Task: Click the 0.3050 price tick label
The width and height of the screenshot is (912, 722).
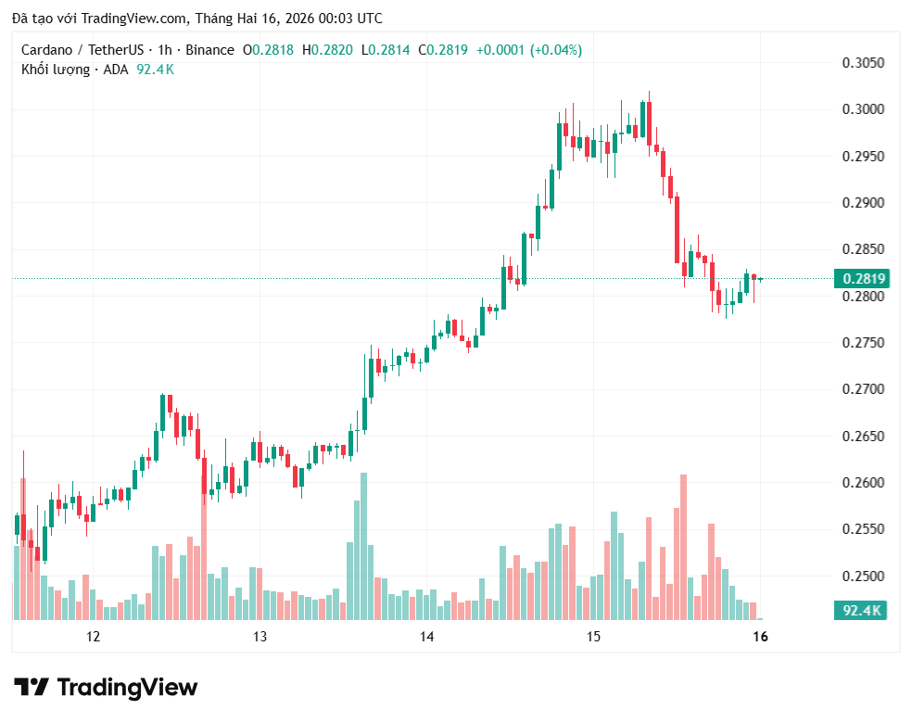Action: pyautogui.click(x=863, y=63)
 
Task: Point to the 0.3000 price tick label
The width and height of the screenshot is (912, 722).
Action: pyautogui.click(x=863, y=109)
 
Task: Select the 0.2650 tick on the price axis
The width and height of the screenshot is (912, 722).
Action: pyautogui.click(x=863, y=436)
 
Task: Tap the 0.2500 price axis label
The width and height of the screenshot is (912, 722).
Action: pyautogui.click(x=863, y=576)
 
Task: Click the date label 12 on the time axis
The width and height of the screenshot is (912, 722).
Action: pyautogui.click(x=93, y=637)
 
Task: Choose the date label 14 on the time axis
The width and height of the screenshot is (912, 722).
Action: pyautogui.click(x=426, y=637)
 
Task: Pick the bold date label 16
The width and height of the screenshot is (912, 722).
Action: pyautogui.click(x=760, y=637)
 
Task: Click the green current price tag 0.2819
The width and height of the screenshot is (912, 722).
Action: pyautogui.click(x=861, y=279)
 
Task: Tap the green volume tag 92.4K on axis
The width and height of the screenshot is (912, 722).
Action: pyautogui.click(x=861, y=610)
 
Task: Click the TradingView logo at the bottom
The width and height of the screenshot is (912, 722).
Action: pyautogui.click(x=106, y=688)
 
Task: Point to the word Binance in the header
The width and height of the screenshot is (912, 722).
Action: pyautogui.click(x=210, y=50)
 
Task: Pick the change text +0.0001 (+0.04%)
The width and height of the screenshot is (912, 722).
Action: pyautogui.click(x=529, y=50)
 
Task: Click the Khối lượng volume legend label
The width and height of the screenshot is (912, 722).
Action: pyautogui.click(x=56, y=70)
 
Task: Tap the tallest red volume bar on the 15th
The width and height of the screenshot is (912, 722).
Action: pyautogui.click(x=683, y=547)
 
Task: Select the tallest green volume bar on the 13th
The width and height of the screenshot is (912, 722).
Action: pyautogui.click(x=363, y=546)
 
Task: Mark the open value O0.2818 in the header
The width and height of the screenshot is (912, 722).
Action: pyautogui.click(x=268, y=50)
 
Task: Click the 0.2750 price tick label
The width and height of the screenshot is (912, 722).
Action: pyautogui.click(x=863, y=342)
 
